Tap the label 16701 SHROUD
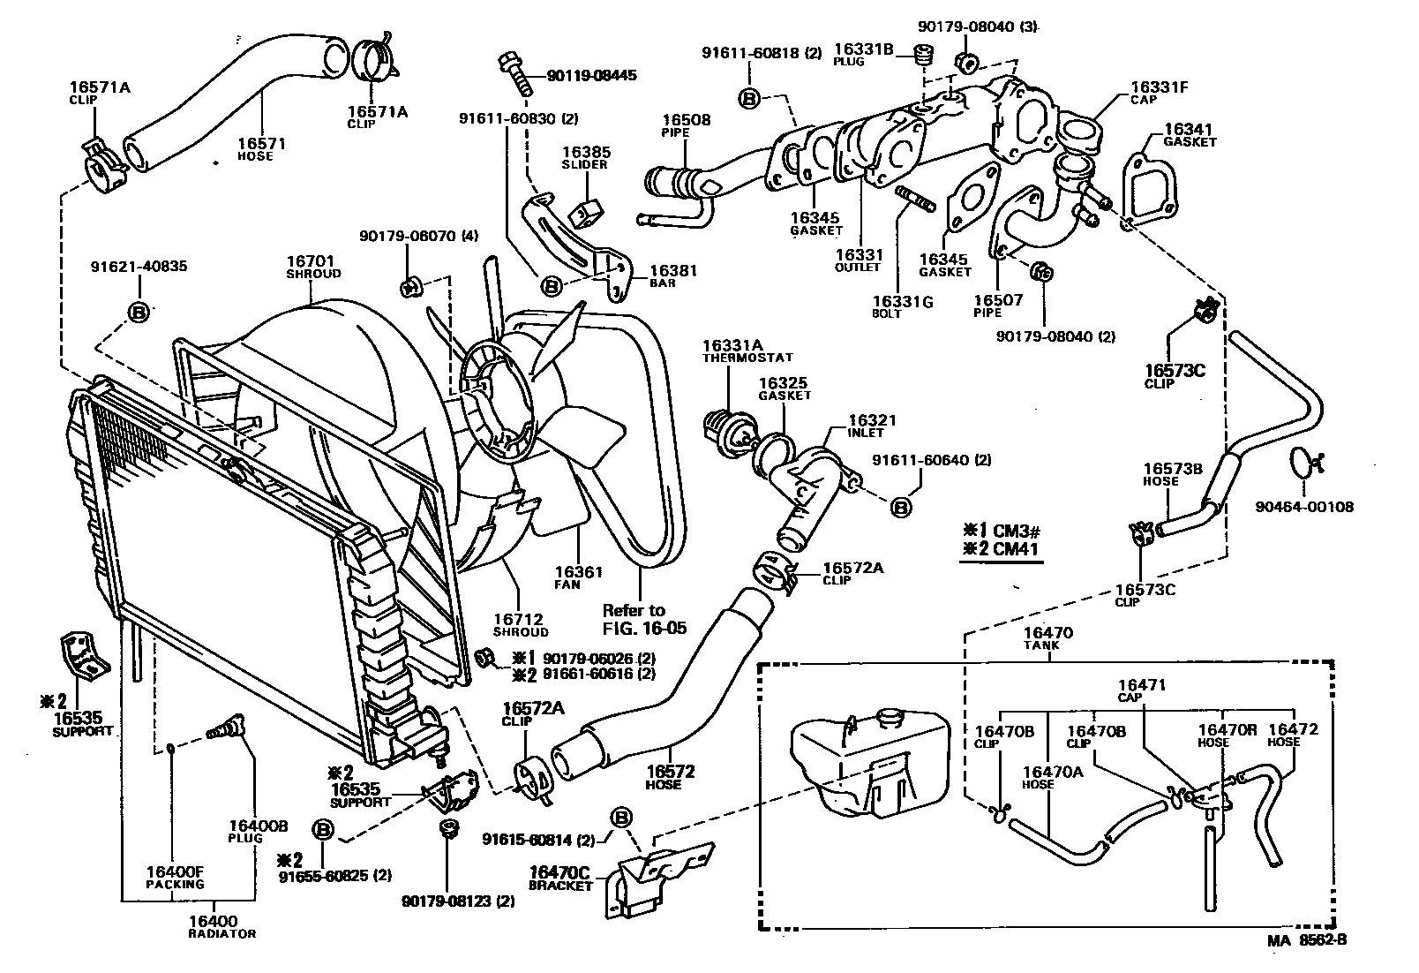(x=313, y=267)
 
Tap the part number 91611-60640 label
(x=932, y=460)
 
